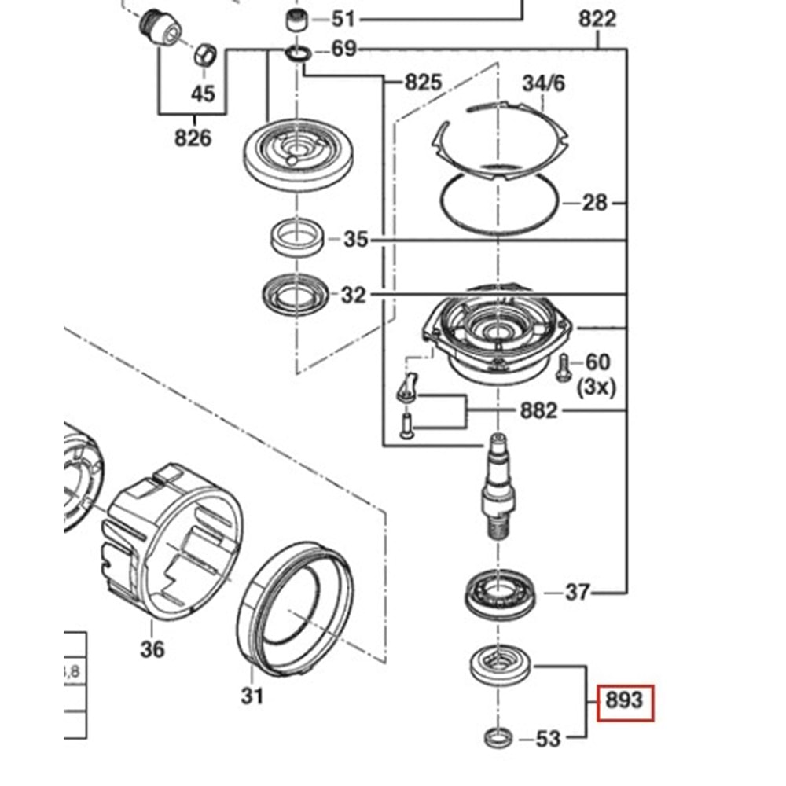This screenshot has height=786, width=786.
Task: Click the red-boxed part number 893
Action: click(x=625, y=699)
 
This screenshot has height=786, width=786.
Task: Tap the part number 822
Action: click(x=597, y=18)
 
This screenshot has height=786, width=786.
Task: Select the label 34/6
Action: click(x=543, y=83)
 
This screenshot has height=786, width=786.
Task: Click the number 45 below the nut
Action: click(x=203, y=94)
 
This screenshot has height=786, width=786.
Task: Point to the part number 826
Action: click(x=193, y=138)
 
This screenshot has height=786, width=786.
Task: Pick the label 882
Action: click(x=538, y=410)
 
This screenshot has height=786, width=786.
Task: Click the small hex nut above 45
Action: click(x=204, y=54)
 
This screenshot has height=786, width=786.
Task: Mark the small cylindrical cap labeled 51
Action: click(x=295, y=20)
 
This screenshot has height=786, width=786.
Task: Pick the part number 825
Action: click(x=423, y=82)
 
